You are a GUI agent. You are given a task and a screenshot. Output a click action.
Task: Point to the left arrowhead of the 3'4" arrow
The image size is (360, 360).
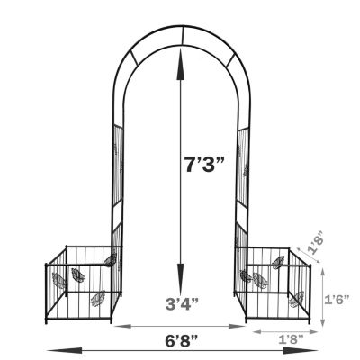(x=115, y=325)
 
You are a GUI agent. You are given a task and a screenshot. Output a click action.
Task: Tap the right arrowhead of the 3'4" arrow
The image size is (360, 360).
(x=244, y=325)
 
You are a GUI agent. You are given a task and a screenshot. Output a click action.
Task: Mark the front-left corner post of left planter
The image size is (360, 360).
(x=48, y=293)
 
